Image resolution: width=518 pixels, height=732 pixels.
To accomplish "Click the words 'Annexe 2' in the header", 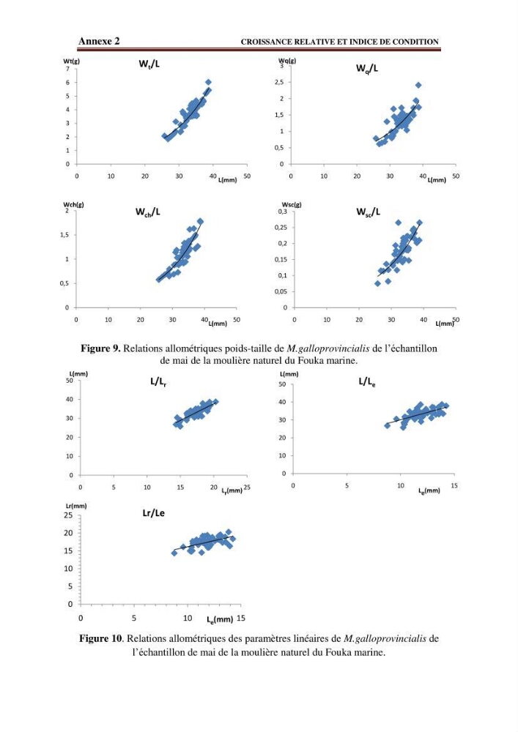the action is [99, 41].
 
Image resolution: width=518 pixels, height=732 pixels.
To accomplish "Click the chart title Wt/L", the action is [149, 64].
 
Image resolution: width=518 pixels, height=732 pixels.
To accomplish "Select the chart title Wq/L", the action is [367, 68].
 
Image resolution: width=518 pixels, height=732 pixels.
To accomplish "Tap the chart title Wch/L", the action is [147, 212].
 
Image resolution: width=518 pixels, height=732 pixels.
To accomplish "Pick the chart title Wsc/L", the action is [368, 212].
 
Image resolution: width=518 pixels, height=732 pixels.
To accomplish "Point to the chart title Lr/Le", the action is [154, 513].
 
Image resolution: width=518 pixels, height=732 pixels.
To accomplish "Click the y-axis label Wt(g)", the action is [68, 61].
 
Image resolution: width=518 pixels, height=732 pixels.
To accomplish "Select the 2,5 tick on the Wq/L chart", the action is [279, 82].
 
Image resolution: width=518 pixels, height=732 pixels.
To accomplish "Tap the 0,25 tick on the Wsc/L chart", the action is [281, 228].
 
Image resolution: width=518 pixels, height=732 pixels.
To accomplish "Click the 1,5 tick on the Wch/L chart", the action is [64, 235].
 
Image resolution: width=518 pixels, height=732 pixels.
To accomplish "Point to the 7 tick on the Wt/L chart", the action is [67, 69].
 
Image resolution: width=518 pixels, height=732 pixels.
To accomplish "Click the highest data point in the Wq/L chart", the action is [418, 85].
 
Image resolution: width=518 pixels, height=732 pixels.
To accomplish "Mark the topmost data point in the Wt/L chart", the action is [208, 82].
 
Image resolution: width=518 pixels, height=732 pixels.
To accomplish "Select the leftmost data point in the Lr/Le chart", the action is [174, 553].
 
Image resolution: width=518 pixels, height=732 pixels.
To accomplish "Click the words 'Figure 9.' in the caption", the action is [101, 348].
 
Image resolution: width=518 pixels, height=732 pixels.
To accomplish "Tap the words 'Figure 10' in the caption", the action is [100, 638].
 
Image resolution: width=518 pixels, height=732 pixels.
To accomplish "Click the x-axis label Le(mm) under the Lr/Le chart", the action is [220, 619].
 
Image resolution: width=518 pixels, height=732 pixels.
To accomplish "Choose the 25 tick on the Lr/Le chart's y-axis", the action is [68, 515].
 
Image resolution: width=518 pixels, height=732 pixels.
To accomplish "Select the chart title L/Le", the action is [367, 382].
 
